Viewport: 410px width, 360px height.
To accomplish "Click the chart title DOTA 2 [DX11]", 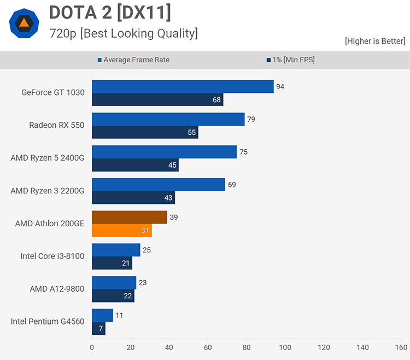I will point(109,12).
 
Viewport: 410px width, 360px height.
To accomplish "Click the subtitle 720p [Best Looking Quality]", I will point(123,33).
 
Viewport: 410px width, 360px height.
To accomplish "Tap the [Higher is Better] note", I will point(374,41).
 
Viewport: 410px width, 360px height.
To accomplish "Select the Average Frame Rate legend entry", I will point(133,60).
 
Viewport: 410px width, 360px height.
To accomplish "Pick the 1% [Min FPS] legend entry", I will point(290,60).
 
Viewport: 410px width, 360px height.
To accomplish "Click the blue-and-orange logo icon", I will point(24,22).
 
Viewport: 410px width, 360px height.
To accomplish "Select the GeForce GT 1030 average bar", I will point(183,86).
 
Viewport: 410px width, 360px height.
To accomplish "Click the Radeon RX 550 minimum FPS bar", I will point(145,132).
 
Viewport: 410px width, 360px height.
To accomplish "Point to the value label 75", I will point(243,152).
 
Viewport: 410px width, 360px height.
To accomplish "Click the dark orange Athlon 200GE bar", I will point(130,217).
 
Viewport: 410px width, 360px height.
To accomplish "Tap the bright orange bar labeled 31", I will point(121,231).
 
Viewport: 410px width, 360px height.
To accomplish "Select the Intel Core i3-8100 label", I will point(52,256).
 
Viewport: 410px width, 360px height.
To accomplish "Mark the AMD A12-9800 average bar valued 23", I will point(114,282).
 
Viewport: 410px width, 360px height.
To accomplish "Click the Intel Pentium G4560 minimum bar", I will point(98,329).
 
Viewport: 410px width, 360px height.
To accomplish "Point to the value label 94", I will point(280,86).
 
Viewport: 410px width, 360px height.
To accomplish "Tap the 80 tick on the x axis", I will point(247,347).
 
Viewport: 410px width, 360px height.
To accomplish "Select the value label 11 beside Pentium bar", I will point(119,315).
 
